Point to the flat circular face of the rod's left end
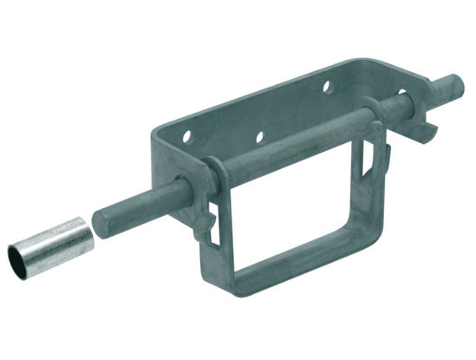click(102, 219)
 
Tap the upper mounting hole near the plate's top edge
click(327, 88)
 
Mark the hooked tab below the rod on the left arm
click(202, 230)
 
